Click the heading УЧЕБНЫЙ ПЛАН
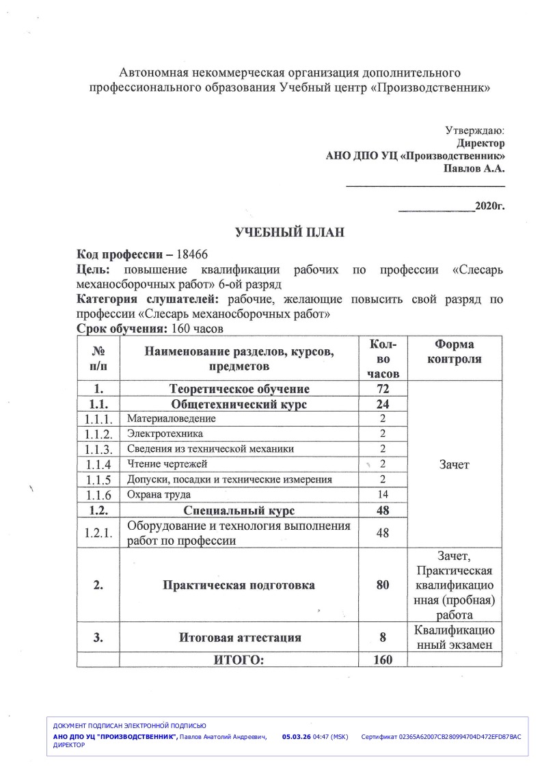point(289,232)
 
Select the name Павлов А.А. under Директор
point(474,168)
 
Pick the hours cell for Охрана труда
point(383,494)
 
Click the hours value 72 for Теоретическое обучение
point(383,389)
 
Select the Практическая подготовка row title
point(239,585)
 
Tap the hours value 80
point(383,585)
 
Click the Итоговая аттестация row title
point(240,638)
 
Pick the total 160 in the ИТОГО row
point(383,660)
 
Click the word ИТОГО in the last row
point(239,660)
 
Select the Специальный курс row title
point(239,510)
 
